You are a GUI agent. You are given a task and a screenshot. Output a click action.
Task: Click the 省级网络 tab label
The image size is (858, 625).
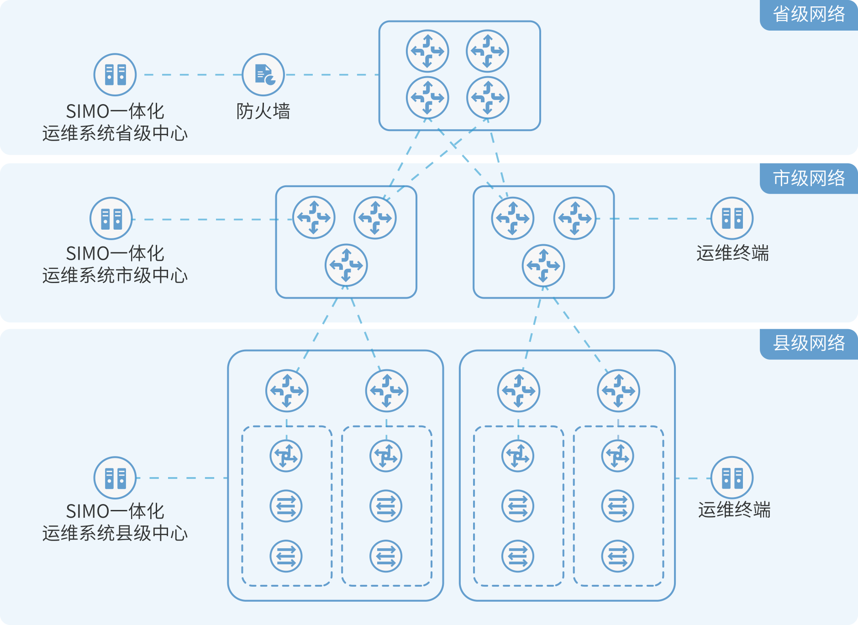809,15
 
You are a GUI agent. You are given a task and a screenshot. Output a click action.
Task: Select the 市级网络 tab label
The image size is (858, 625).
809,178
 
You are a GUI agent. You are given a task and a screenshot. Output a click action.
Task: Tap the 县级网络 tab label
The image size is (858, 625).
809,343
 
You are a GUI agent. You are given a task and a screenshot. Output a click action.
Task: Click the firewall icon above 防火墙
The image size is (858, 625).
263,74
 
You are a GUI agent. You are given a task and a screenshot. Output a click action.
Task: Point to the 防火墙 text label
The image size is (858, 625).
263,111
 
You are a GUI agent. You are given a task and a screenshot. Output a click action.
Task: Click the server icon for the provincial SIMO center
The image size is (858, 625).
115,74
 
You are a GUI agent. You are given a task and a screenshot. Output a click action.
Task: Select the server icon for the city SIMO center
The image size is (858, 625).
111,219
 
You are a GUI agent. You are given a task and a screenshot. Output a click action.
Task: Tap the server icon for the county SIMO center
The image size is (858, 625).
115,478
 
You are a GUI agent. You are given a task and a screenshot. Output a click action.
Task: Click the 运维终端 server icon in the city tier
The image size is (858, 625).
732,218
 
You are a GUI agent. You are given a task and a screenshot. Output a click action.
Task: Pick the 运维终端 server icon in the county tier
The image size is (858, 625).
732,478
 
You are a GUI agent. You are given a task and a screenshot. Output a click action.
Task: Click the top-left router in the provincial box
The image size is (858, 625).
427,51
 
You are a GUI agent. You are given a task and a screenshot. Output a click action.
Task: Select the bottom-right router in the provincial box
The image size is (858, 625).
488,97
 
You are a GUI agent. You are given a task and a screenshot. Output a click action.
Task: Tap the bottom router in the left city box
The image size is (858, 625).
346,265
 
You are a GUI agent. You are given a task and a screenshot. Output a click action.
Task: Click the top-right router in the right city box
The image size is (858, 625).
575,218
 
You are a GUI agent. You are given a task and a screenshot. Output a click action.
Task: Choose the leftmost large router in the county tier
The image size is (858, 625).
287,391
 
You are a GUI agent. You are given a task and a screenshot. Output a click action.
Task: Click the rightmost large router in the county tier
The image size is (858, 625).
618,391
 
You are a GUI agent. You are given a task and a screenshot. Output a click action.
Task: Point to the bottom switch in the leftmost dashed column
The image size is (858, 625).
286,556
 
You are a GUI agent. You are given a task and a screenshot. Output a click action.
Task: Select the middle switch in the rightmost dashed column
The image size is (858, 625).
618,506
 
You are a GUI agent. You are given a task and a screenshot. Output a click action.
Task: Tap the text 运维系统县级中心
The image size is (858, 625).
115,533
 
